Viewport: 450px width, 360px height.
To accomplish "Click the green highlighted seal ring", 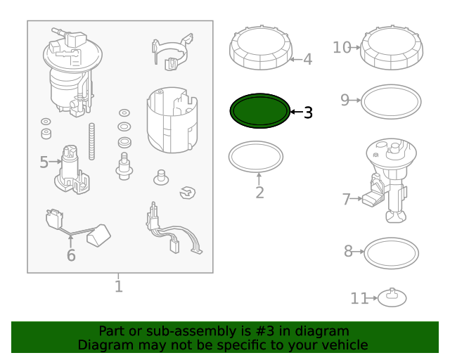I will pos(259,111).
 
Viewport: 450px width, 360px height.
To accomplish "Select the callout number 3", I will pos(308,112).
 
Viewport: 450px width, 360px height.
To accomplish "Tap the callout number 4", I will pos(307,60).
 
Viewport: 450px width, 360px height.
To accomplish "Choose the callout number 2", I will pos(259,192).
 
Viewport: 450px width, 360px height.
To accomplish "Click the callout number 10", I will pos(342,47).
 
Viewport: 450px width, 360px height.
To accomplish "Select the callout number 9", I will pos(345,100).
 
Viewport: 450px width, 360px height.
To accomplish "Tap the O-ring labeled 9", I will pos(392,103).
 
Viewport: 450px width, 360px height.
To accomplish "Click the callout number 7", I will pos(346,200).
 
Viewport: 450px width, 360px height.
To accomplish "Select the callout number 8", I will pos(348,251).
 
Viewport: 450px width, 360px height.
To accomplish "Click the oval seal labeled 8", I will pos(392,252).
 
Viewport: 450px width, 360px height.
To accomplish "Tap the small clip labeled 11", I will pos(392,298).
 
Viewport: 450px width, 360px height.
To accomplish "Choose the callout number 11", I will pos(359,299).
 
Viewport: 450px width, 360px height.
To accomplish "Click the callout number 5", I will pos(44,162).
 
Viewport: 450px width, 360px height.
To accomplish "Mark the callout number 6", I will pos(71,256).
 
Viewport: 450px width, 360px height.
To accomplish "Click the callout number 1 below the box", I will pos(118,287).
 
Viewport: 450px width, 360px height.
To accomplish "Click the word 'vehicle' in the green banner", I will pos(342,345).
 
